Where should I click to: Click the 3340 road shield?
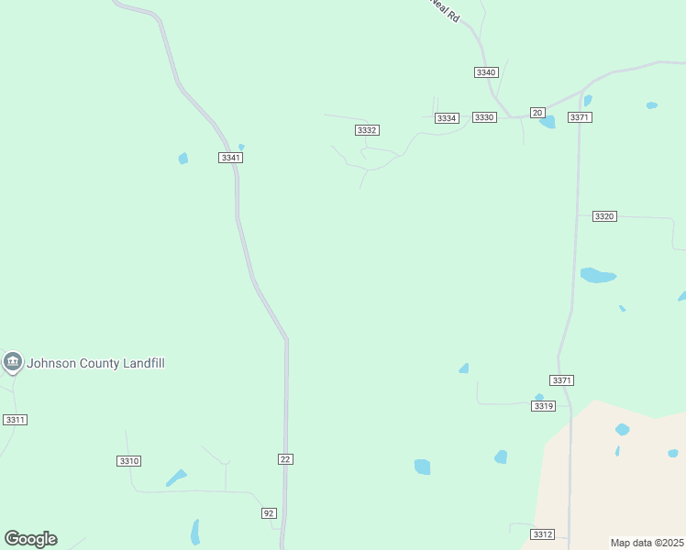(486, 72)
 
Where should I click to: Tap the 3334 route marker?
(447, 118)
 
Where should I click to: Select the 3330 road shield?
(484, 117)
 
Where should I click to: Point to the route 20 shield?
(537, 112)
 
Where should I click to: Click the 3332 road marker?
(367, 130)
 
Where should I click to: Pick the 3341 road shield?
(231, 158)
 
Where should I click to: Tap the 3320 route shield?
(603, 216)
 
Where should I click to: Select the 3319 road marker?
(544, 405)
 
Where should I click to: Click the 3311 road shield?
(15, 419)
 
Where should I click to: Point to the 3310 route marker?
(129, 460)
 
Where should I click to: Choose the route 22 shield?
(285, 458)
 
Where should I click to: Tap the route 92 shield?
(269, 512)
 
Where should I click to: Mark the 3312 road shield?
(542, 533)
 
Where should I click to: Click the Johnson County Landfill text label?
(95, 363)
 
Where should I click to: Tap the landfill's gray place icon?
(12, 363)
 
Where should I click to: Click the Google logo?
(30, 539)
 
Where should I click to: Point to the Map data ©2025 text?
(647, 543)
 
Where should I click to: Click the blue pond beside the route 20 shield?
(548, 122)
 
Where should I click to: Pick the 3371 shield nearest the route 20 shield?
(580, 117)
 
